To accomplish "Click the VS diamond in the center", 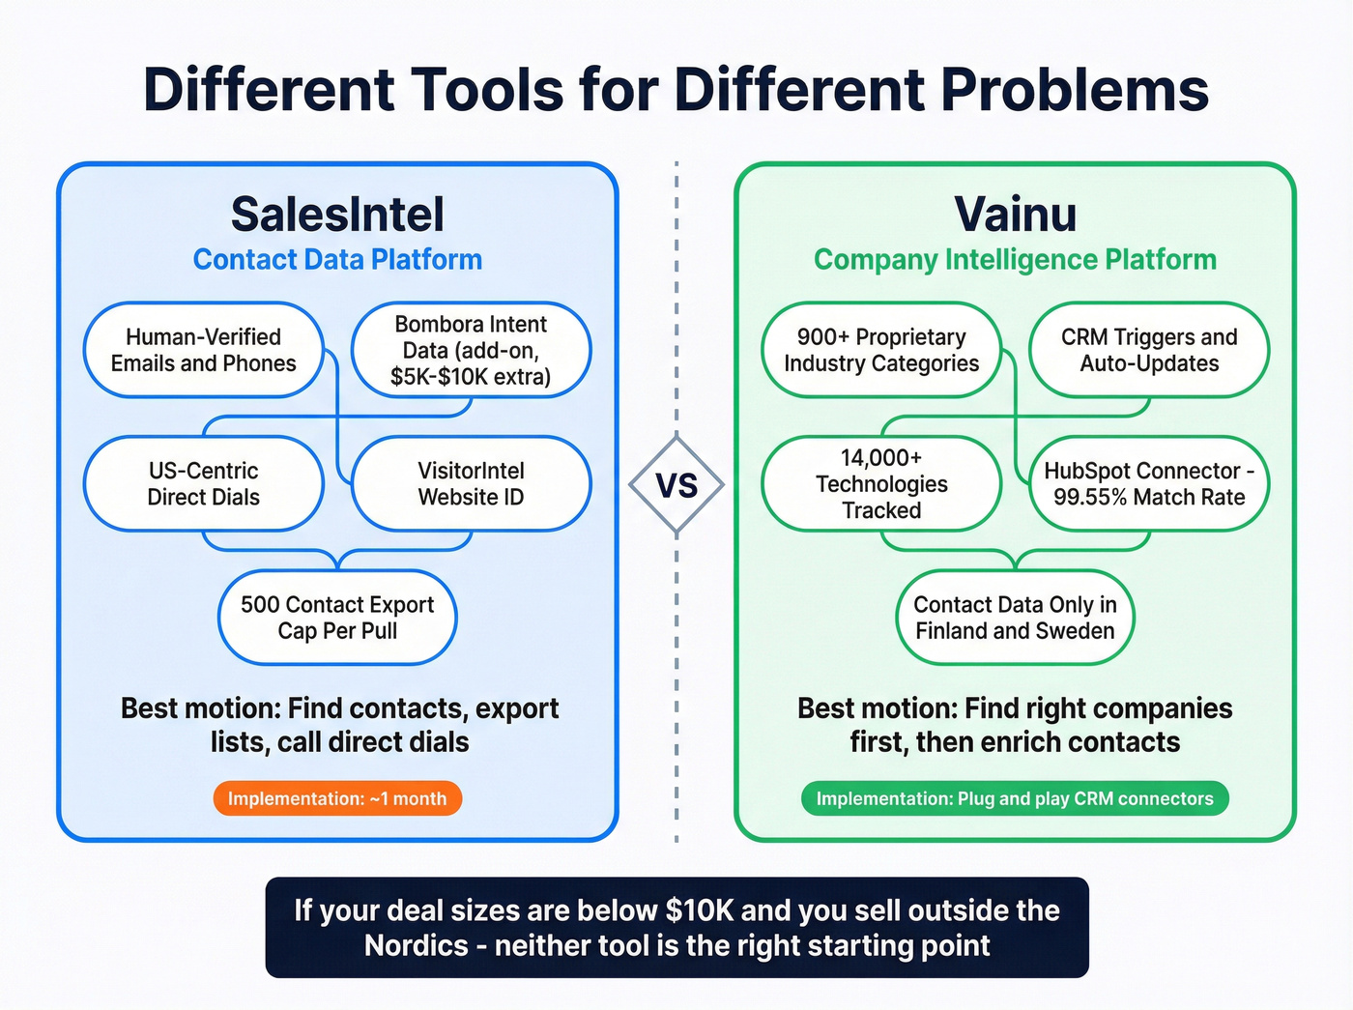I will coord(676,485).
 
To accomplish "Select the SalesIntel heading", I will coord(337,215).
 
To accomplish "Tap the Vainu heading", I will coord(1015,215).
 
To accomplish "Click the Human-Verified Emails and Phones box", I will coord(203,350).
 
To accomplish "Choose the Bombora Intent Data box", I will coord(471,350).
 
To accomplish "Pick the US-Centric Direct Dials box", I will coord(203,483).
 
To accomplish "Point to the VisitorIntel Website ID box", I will coord(471,483).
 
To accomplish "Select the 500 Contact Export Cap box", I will coord(337,618).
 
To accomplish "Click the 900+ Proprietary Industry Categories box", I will coord(881,350).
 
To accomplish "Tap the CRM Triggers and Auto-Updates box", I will coord(1149,350).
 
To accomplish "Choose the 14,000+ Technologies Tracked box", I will coord(881,483).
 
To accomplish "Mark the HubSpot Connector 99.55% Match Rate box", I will coord(1149,483).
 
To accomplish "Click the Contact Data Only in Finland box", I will coord(1015,618).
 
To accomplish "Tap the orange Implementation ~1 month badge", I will coord(337,798).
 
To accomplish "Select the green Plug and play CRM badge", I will coord(1015,798).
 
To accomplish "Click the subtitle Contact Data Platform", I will coord(337,260).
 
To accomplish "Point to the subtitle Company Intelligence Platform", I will coord(1015,260).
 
